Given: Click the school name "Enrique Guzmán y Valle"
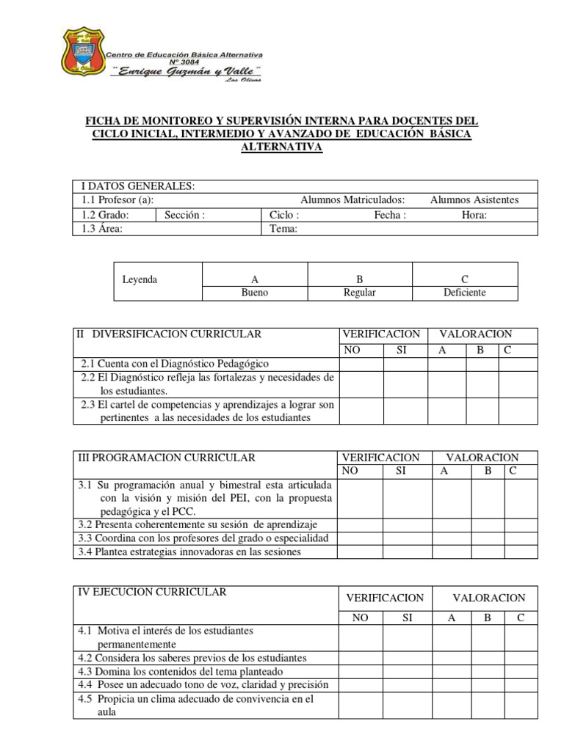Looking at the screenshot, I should click(x=185, y=71).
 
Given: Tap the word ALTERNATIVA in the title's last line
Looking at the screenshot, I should click(x=282, y=147).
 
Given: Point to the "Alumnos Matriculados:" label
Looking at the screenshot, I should click(x=352, y=200).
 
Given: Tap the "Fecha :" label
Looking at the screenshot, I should click(x=389, y=215).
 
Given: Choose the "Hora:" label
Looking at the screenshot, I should click(x=474, y=215).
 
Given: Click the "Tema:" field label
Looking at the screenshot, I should click(x=283, y=229).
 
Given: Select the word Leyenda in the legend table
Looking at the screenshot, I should click(x=140, y=279).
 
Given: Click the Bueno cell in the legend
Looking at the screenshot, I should click(x=255, y=293).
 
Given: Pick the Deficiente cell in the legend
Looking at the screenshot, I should click(x=464, y=293).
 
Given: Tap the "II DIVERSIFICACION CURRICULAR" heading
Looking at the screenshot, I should click(x=170, y=334).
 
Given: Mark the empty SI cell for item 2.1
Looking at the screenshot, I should click(x=405, y=364).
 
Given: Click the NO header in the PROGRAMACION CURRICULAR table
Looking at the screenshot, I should click(x=351, y=472).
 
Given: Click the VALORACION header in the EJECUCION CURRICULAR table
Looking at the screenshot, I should click(x=488, y=598).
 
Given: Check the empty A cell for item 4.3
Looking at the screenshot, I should click(x=452, y=671).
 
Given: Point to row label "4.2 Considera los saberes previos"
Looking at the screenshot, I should click(x=192, y=658).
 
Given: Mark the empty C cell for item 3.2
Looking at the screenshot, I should click(x=521, y=525).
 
